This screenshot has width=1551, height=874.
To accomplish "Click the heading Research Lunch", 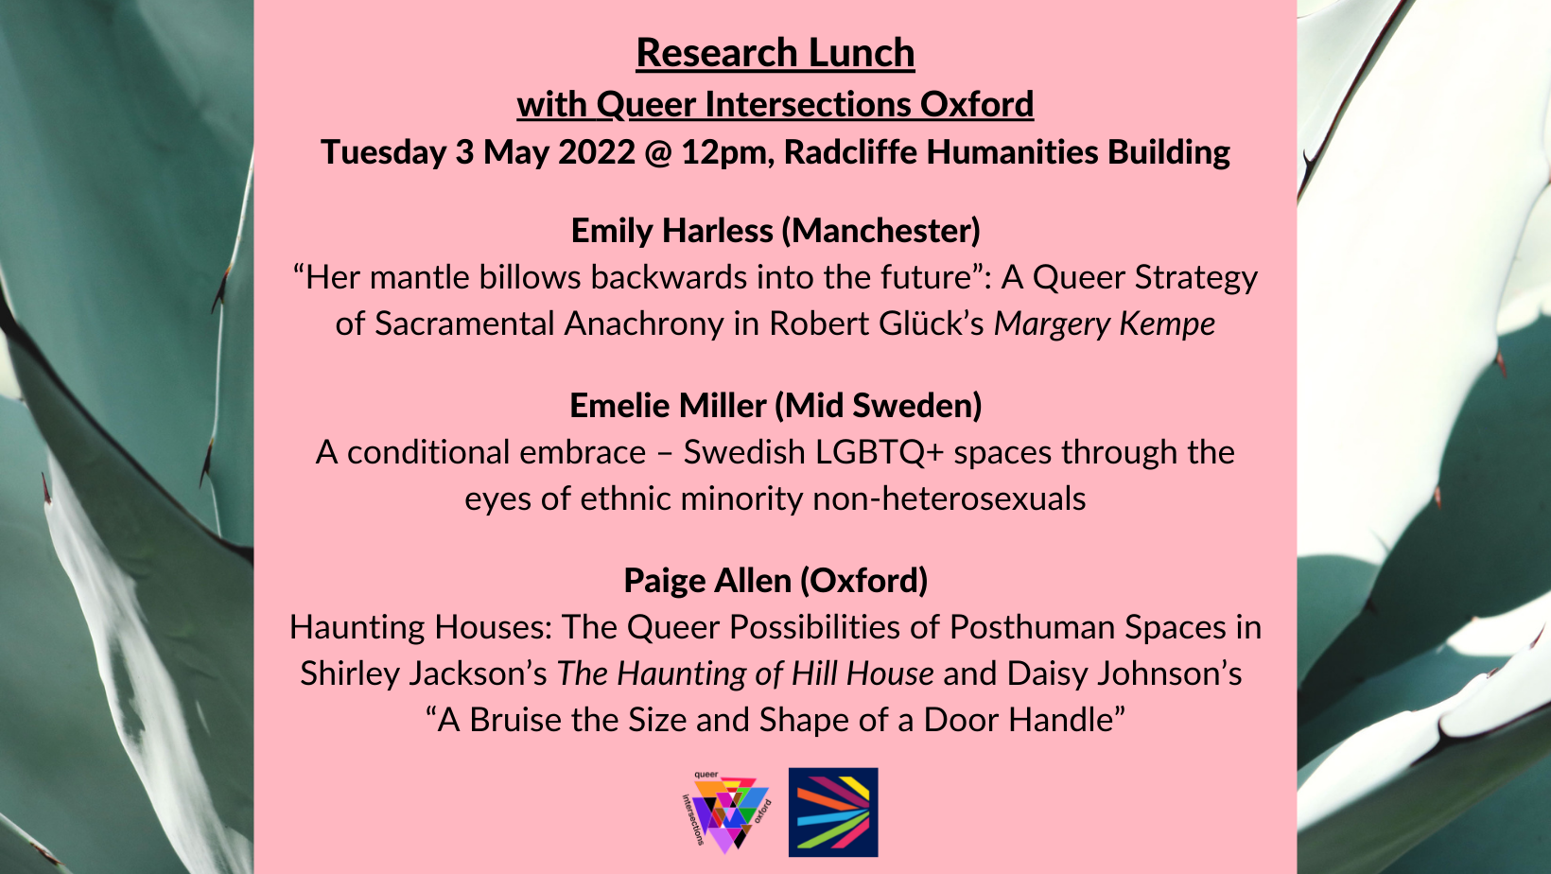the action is click(775, 53).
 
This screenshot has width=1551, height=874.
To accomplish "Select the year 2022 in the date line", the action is click(597, 151).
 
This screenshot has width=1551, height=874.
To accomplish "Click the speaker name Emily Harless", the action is click(671, 231).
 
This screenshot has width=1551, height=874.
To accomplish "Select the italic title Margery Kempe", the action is click(1105, 323).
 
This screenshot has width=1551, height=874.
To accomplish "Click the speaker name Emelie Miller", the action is click(668, 406).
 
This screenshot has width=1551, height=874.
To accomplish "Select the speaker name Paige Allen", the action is click(707, 581).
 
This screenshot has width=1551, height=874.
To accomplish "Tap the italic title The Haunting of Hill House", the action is click(745, 673).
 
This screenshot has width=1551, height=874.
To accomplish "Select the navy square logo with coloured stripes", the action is click(833, 813).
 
